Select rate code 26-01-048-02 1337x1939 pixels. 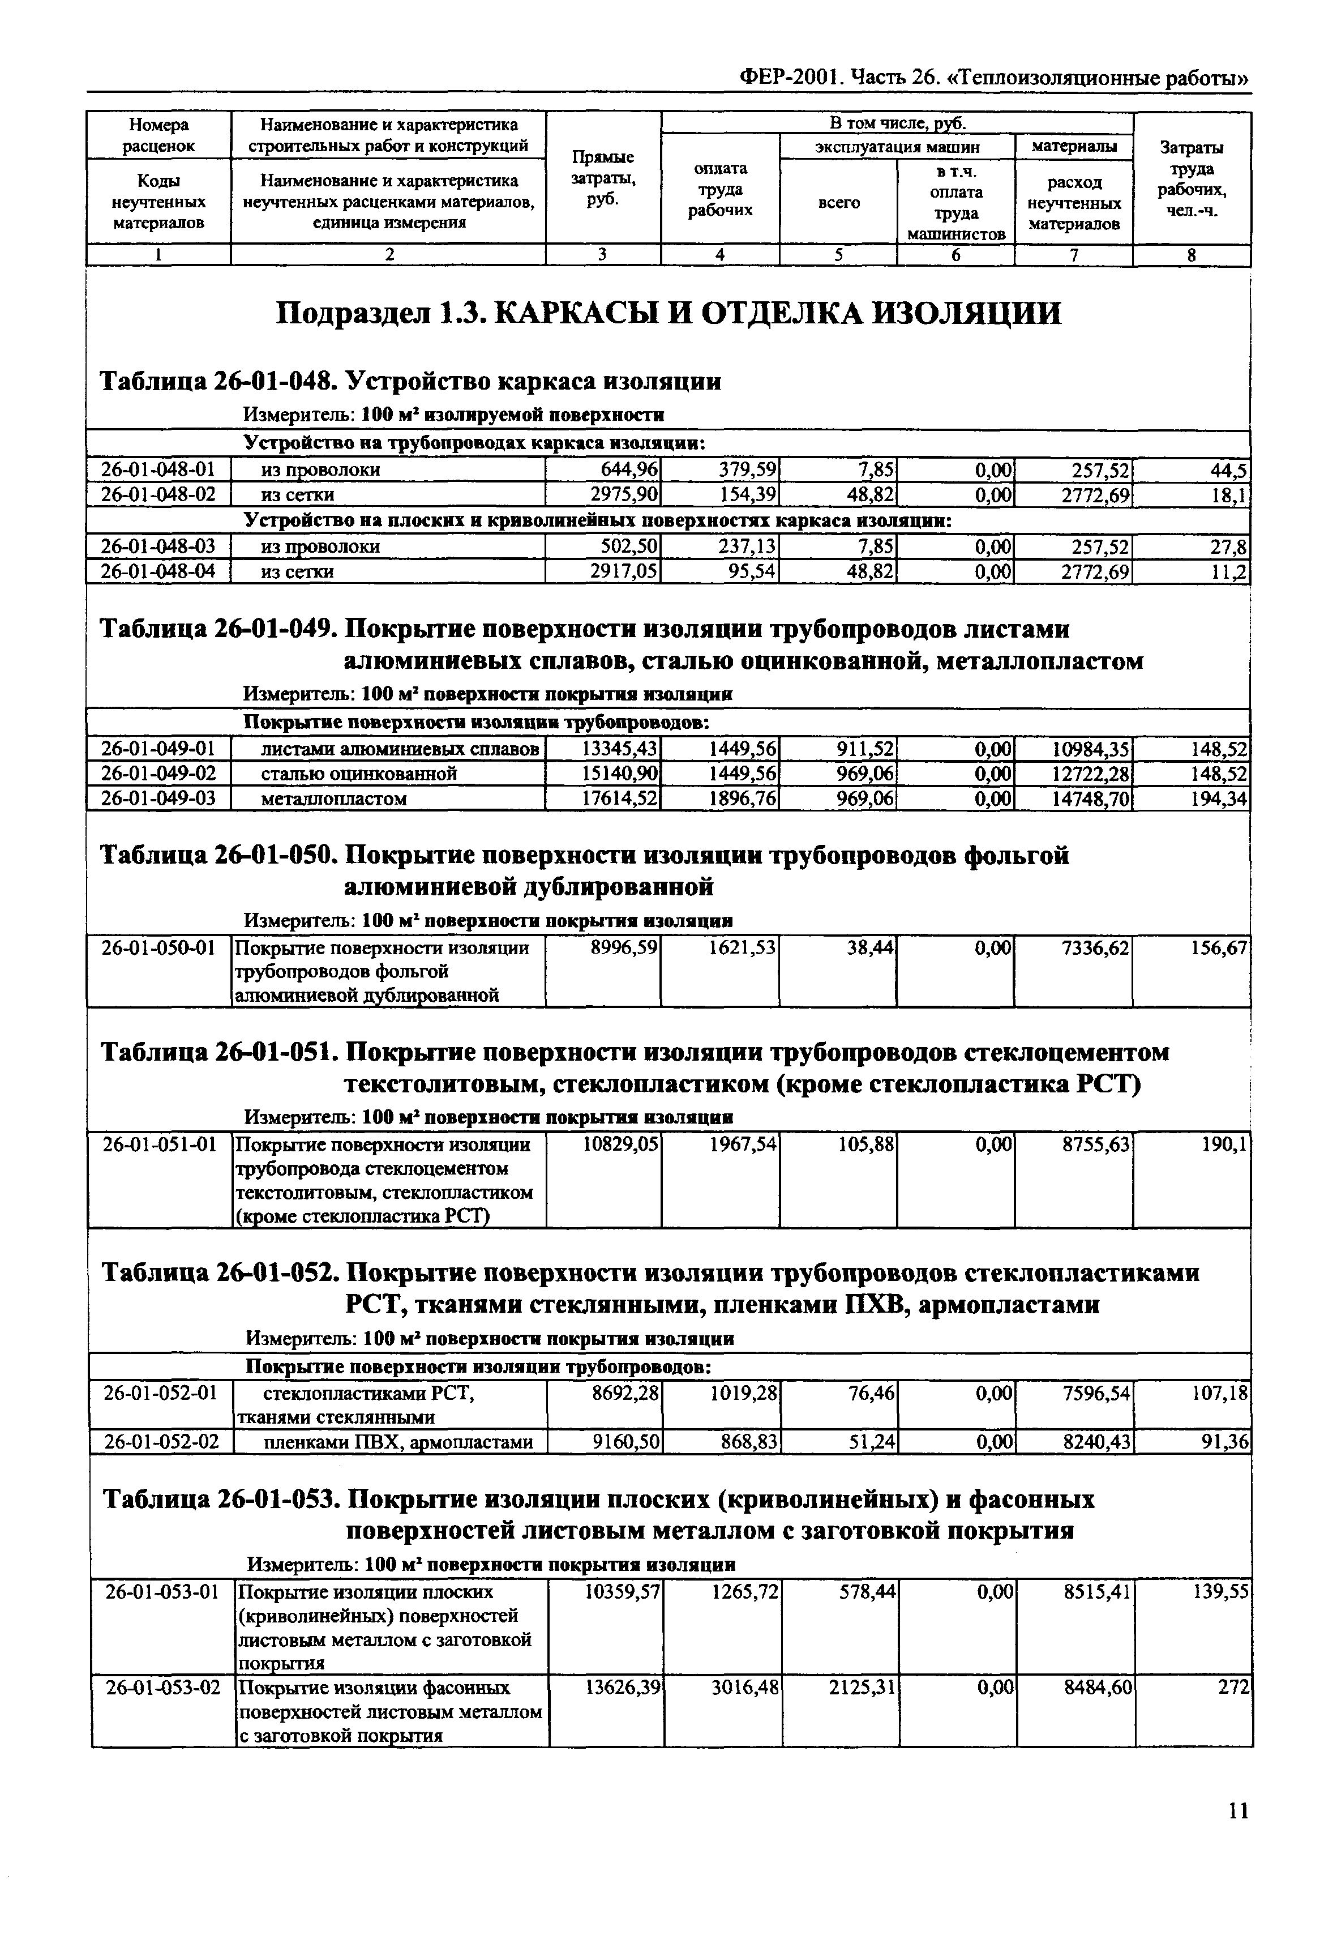click(158, 495)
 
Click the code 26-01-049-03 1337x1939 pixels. click(158, 798)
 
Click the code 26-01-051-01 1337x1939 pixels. click(159, 1144)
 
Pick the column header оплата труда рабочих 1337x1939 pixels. click(721, 189)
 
